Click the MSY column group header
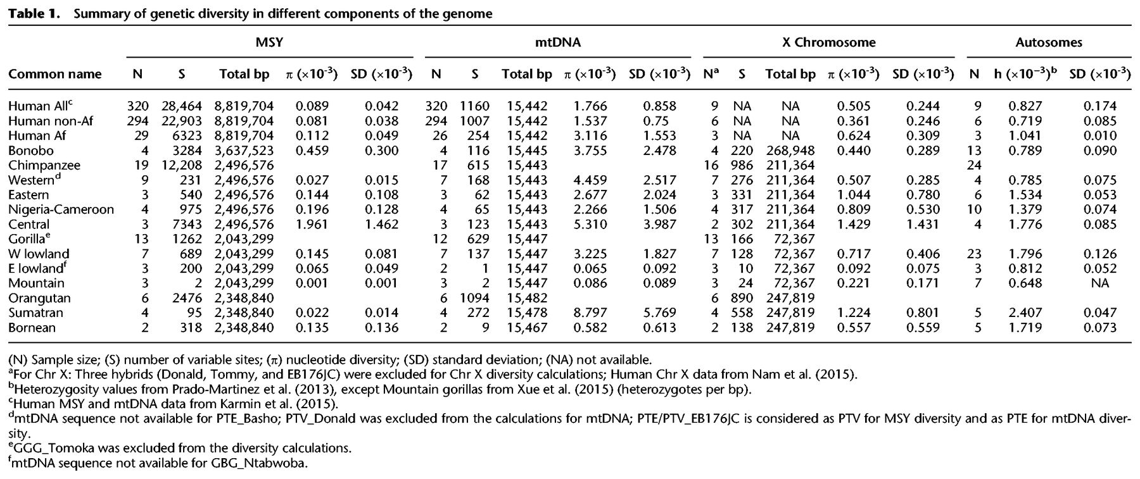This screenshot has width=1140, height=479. (x=269, y=43)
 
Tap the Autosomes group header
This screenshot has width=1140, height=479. (x=1048, y=43)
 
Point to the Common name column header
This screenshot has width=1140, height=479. (x=54, y=74)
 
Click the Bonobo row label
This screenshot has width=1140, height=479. (x=31, y=151)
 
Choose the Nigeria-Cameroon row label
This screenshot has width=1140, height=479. (x=61, y=209)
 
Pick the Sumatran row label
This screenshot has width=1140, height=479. (x=36, y=313)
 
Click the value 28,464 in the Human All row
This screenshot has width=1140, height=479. (x=181, y=106)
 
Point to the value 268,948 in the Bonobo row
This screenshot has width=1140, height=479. (x=790, y=151)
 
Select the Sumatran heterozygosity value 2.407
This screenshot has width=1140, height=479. (x=1023, y=313)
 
